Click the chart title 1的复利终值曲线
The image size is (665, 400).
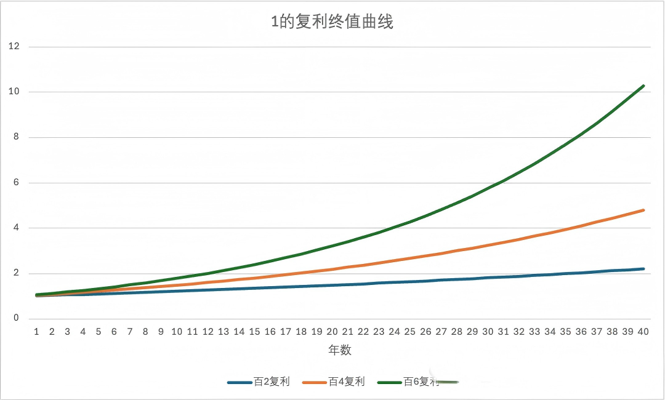pos(332,23)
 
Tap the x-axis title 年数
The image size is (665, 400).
pos(339,350)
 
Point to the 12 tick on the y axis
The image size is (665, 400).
pos(14,46)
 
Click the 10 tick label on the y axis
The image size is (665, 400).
pos(14,92)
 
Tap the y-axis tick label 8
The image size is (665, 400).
pos(16,137)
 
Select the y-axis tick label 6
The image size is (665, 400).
pos(16,183)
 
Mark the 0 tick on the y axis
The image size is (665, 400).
pos(16,319)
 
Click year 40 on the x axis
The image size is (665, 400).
pos(643,331)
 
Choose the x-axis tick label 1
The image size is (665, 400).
pos(36,331)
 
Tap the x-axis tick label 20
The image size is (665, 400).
pos(332,331)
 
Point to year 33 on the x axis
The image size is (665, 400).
pos(534,331)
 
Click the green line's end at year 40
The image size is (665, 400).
pos(643,86)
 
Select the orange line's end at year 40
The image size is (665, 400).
pos(643,210)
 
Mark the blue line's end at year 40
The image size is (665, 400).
pos(643,269)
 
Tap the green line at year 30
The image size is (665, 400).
pos(488,188)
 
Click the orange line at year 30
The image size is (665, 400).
pos(488,246)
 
